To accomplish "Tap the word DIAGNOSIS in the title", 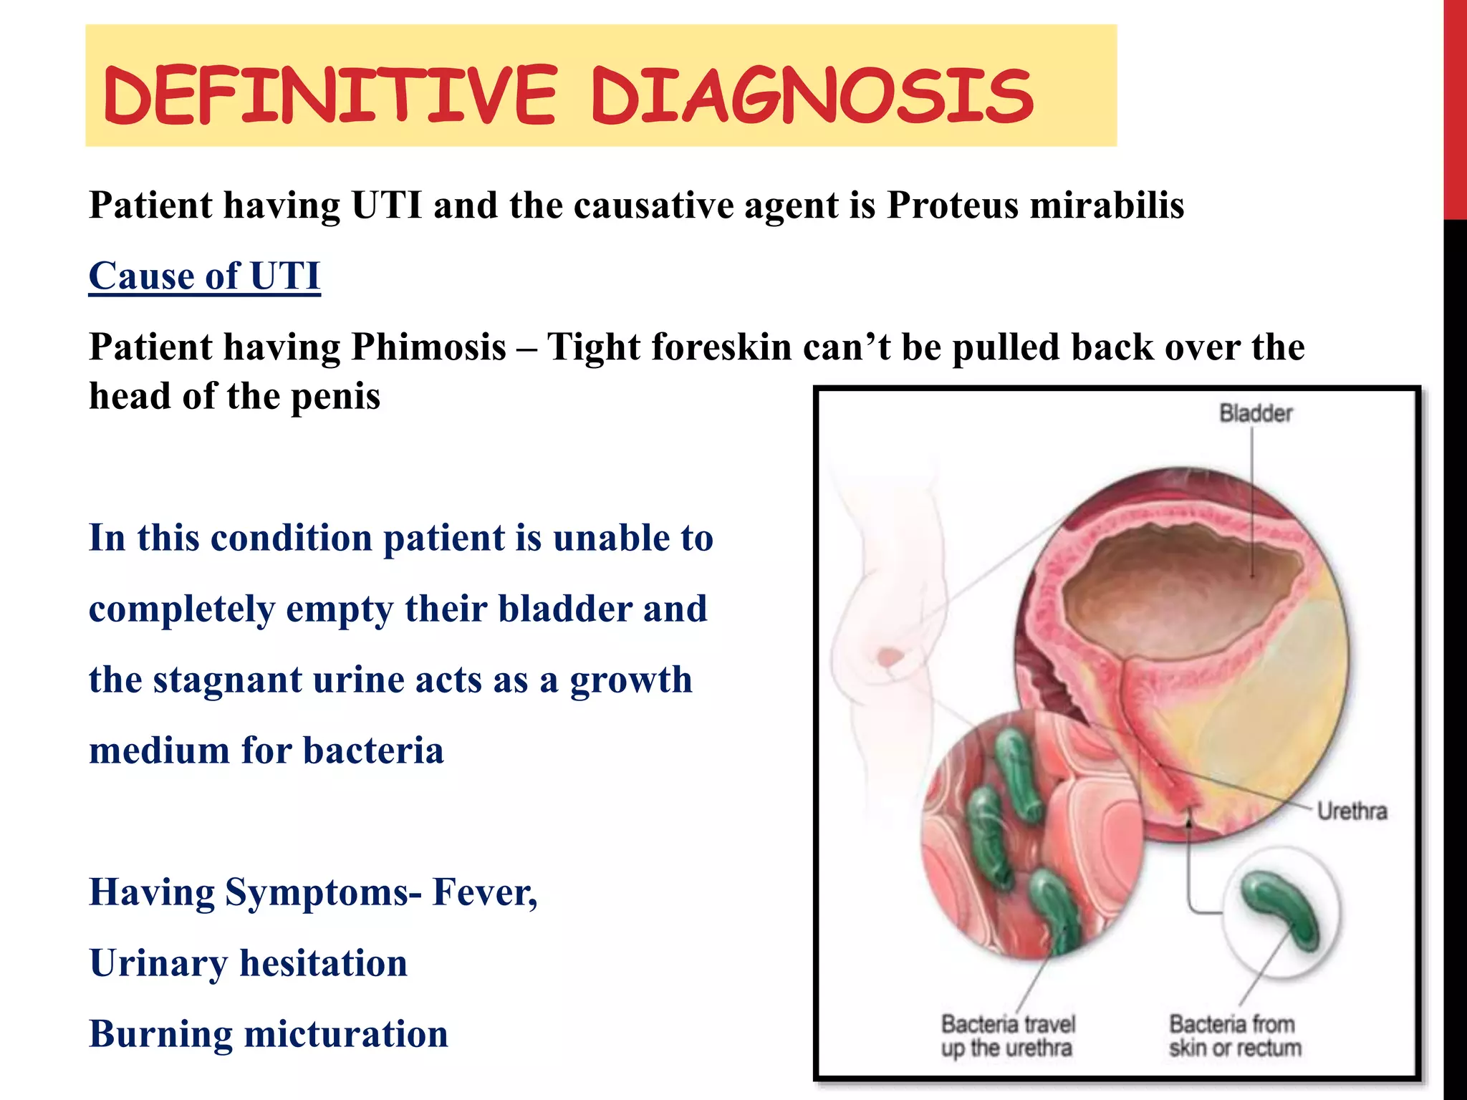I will click(812, 95).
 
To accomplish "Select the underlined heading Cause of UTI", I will click(205, 276).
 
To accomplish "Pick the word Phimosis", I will click(428, 347).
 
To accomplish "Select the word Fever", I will click(484, 892).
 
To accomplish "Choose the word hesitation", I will click(323, 963).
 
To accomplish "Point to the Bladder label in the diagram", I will click(1255, 413).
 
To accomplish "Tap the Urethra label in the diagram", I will click(1352, 811).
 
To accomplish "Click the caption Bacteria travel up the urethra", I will click(1008, 1036).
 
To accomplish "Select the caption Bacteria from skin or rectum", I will click(1235, 1036).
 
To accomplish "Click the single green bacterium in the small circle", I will click(1281, 910).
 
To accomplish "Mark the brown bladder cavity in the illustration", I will click(1182, 580).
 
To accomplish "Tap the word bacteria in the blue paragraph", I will click(373, 751).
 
